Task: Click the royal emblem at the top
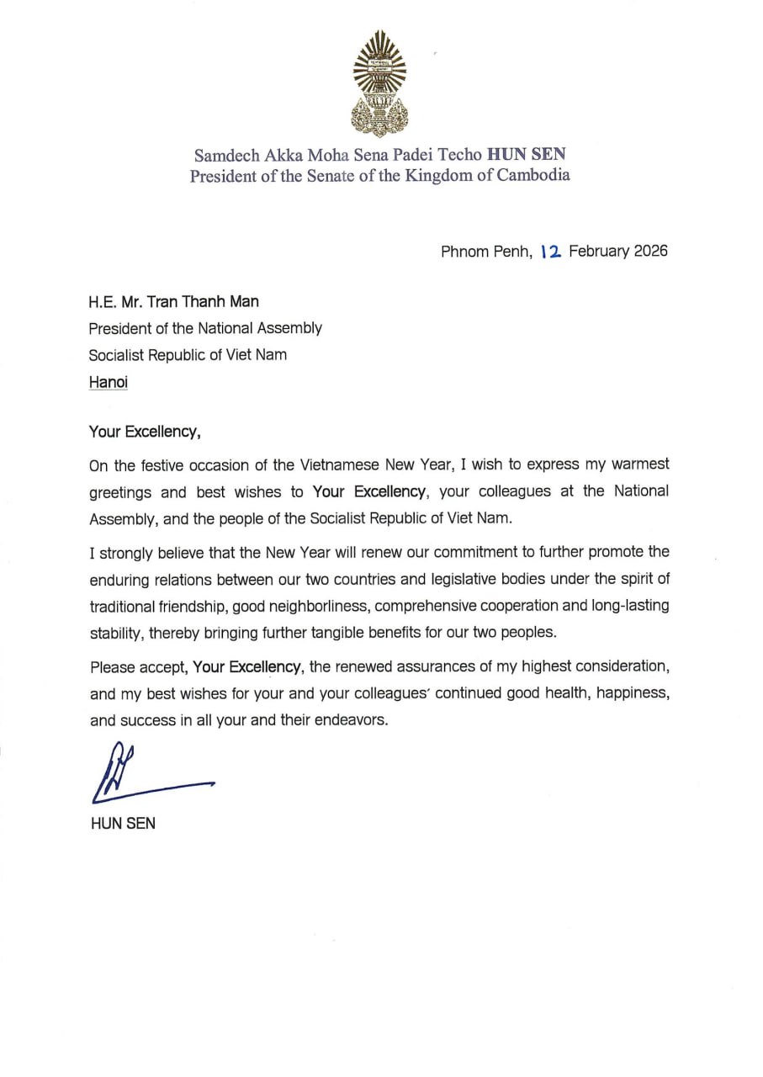379,83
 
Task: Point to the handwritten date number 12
552,251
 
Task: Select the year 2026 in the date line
649,251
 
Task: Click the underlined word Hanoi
109,382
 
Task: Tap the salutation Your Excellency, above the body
145,432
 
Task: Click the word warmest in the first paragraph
638,464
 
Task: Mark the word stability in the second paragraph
115,633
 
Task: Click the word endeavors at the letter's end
351,720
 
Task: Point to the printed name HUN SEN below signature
122,824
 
